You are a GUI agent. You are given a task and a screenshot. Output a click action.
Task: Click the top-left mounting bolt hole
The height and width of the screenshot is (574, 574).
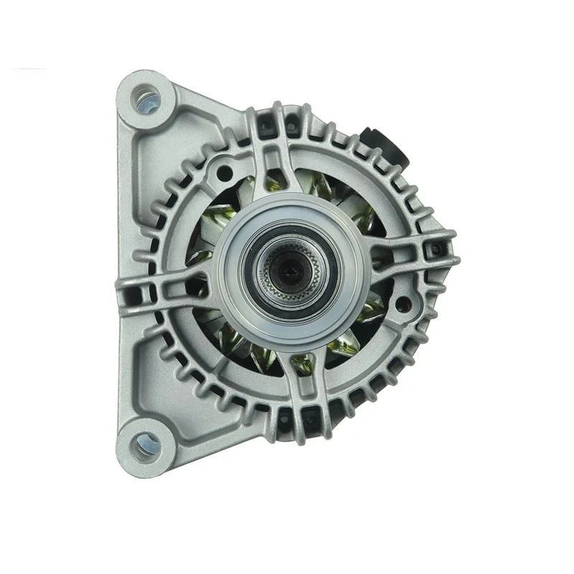click(148, 99)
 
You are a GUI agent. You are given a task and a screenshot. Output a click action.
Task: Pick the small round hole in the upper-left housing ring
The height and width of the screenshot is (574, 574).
click(225, 171)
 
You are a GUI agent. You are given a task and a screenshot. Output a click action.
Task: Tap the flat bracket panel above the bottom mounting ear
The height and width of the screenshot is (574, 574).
click(154, 373)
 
